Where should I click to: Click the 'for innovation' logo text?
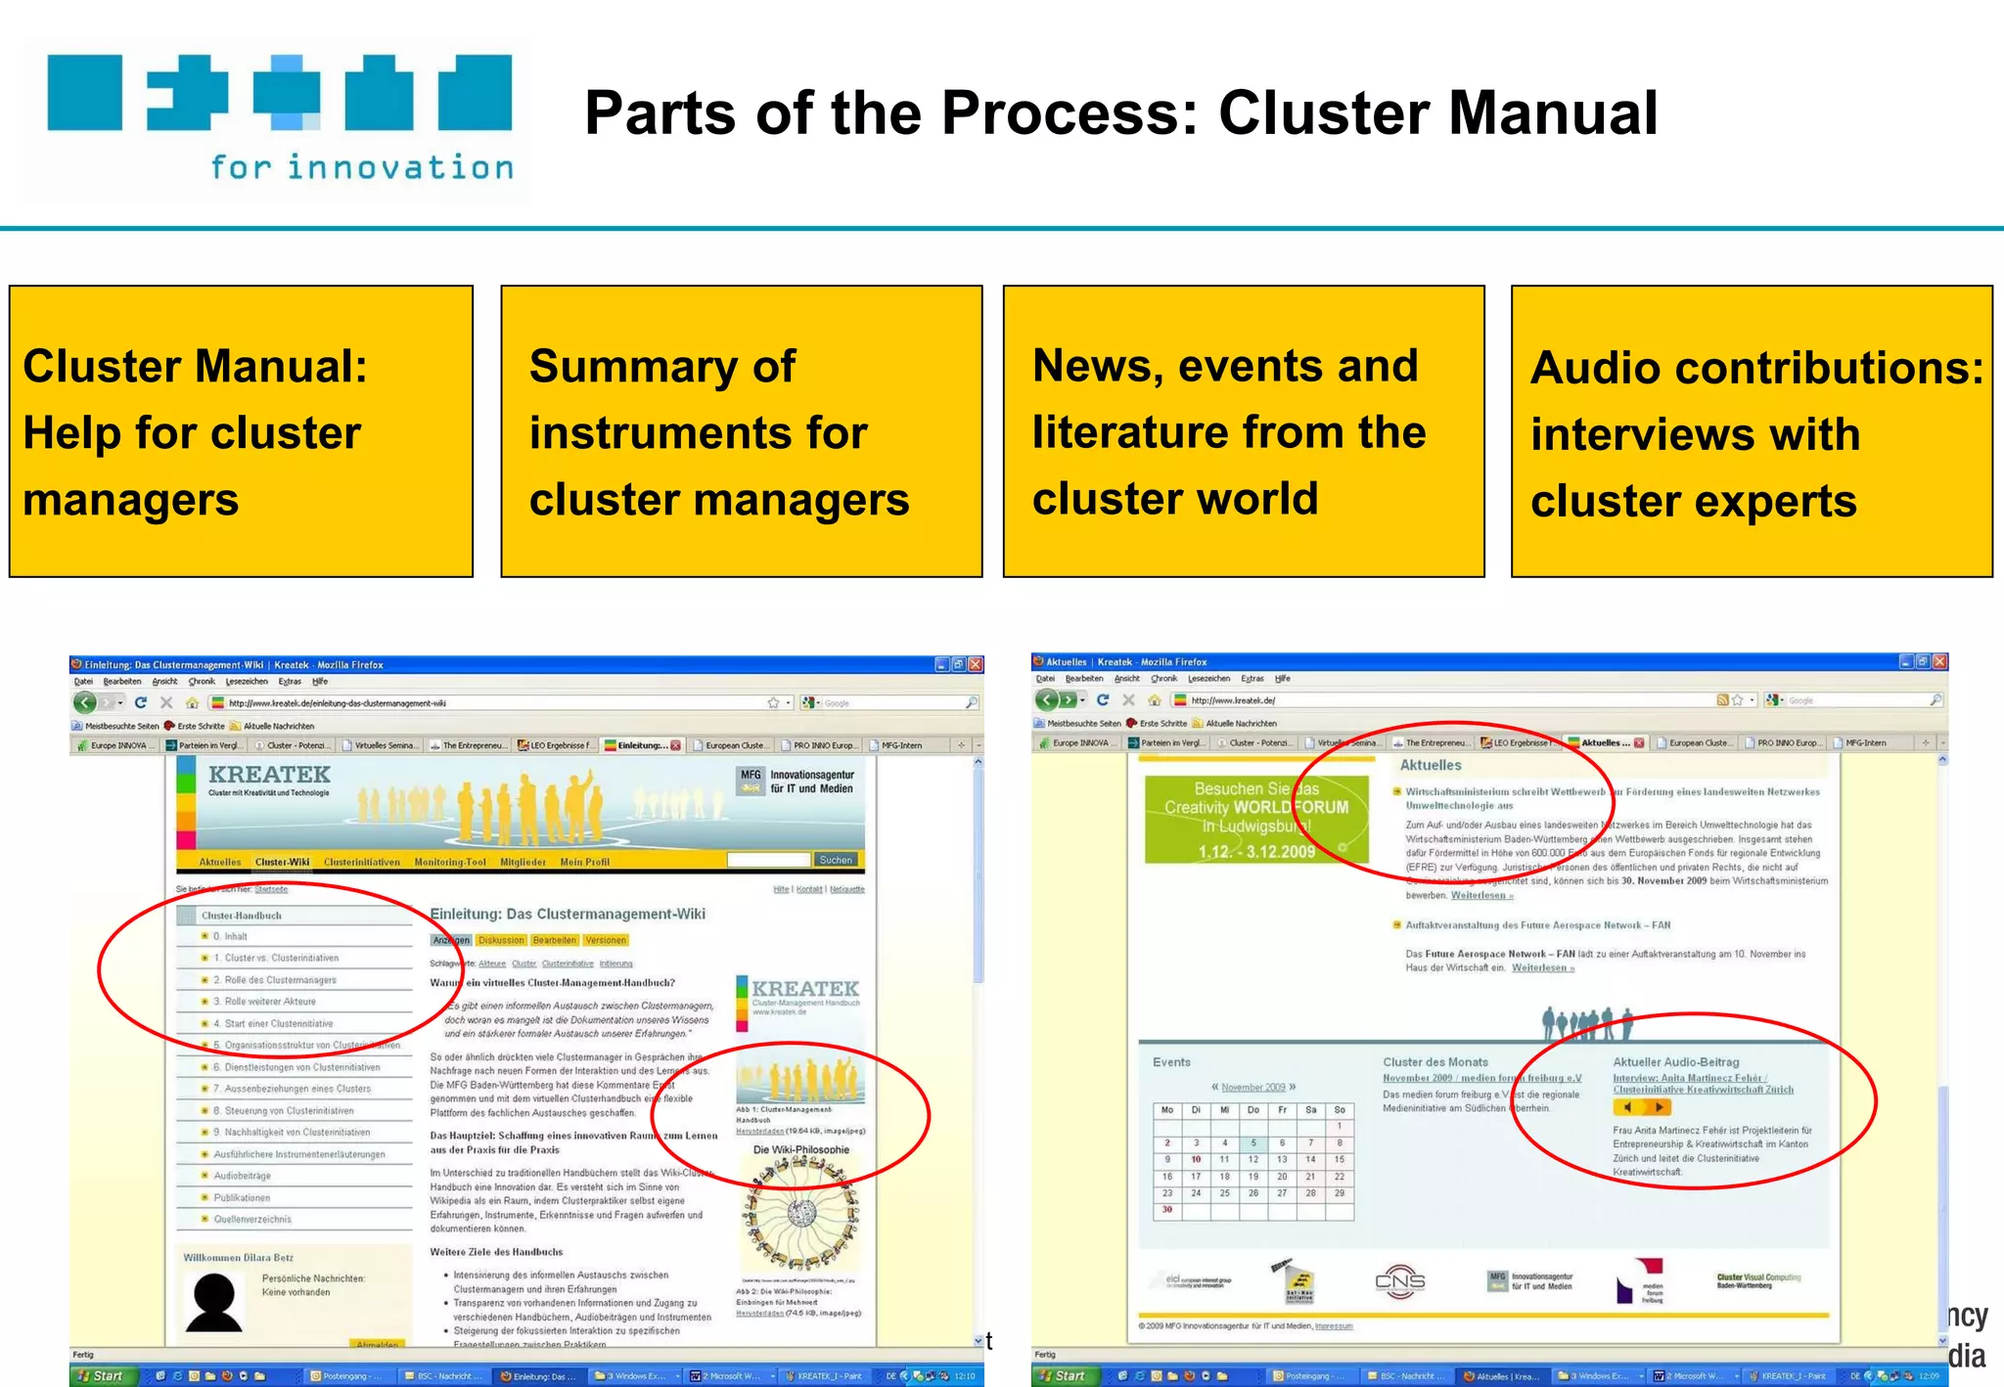tap(362, 168)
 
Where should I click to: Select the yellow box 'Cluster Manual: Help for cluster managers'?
tap(241, 431)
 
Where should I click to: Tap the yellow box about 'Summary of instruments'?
tap(741, 431)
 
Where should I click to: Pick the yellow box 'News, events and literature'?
tap(1243, 431)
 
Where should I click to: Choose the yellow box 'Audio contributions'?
tap(1752, 431)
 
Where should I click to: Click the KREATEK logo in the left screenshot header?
tap(269, 776)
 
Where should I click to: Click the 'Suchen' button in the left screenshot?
tap(836, 860)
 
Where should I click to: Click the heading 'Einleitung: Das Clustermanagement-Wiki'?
tap(568, 915)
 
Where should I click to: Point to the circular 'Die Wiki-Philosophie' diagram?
tap(801, 1213)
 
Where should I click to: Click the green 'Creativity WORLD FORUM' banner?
tap(1256, 819)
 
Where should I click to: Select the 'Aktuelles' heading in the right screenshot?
tap(1430, 766)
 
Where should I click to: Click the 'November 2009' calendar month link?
tap(1252, 1087)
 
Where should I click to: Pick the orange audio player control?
tap(1641, 1107)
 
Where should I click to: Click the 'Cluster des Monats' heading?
tap(1435, 1062)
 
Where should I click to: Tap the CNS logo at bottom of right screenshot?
tap(1399, 1280)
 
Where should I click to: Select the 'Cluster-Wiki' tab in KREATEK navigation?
tap(282, 862)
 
